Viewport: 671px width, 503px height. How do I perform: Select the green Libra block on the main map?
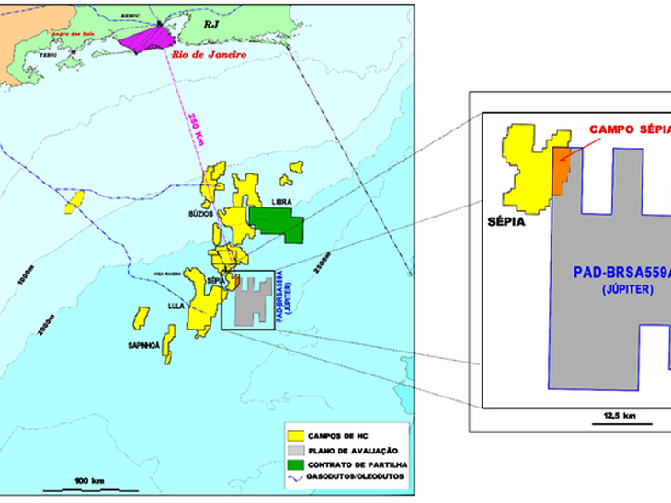[x=279, y=221]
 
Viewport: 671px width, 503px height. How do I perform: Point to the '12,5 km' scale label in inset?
[x=618, y=415]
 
